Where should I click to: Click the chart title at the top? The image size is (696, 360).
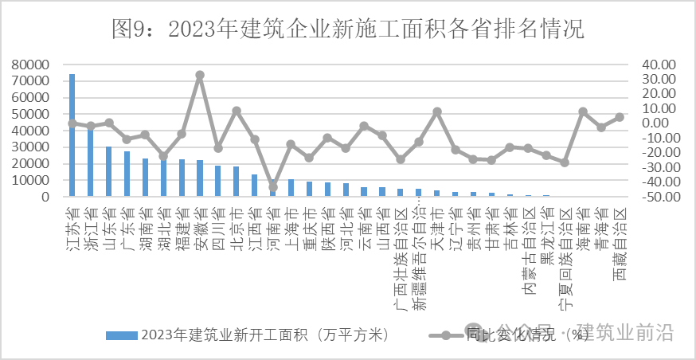[x=348, y=29]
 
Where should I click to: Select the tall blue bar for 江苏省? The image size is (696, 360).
[x=72, y=135]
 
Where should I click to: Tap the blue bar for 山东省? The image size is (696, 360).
[x=108, y=171]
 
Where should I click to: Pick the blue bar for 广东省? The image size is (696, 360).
[x=127, y=174]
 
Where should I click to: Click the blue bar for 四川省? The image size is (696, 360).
[x=218, y=181]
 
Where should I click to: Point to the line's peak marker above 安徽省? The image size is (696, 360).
[x=199, y=75]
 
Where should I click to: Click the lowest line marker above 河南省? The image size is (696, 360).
[x=273, y=187]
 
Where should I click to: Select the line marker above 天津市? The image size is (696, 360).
[x=436, y=112]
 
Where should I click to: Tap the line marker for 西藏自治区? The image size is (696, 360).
[x=620, y=117]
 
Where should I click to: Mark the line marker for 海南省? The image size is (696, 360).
[x=583, y=112]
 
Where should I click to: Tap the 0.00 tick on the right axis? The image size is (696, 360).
[x=660, y=123]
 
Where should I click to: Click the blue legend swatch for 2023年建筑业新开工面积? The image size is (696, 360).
[x=122, y=335]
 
